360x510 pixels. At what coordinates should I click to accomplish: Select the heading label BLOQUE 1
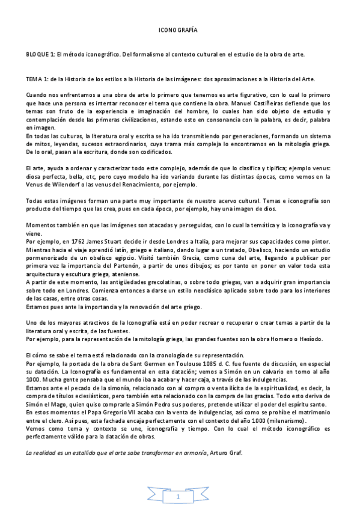[x=39, y=54]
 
